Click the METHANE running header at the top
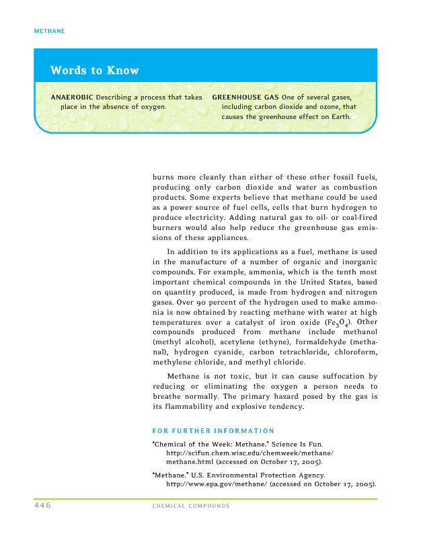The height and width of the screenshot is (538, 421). (48, 31)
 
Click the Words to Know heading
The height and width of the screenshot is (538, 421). (94, 71)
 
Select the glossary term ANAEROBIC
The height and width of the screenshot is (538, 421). (72, 98)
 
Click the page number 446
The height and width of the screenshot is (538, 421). (42, 505)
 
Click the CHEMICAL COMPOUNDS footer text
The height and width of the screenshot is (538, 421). (192, 506)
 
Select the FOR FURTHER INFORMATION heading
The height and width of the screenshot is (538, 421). (213, 430)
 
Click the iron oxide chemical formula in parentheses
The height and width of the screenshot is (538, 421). (344, 323)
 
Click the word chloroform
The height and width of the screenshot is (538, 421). (353, 351)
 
